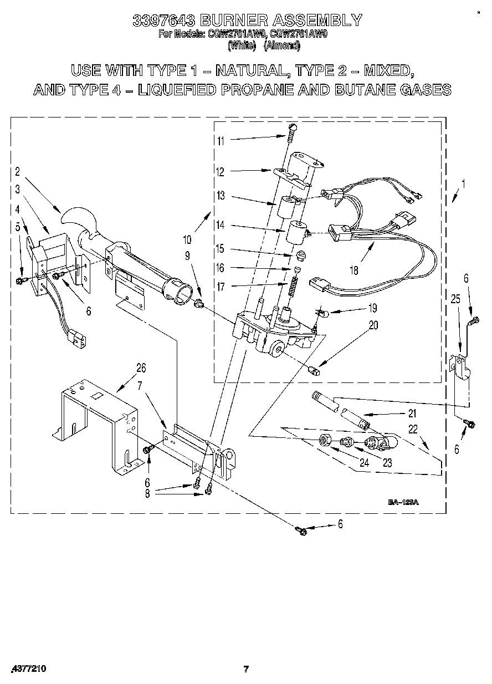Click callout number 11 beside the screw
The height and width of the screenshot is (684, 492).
221,141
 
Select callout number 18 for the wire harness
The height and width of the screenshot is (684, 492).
353,270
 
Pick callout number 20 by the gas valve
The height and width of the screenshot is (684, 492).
373,325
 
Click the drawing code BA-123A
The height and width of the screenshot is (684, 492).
403,502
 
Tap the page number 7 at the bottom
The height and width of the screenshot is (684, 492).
245,669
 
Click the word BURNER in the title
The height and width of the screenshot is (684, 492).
233,21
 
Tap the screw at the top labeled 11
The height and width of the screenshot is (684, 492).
293,131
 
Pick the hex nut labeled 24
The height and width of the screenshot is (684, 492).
326,441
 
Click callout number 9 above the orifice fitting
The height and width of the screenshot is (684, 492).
187,256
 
